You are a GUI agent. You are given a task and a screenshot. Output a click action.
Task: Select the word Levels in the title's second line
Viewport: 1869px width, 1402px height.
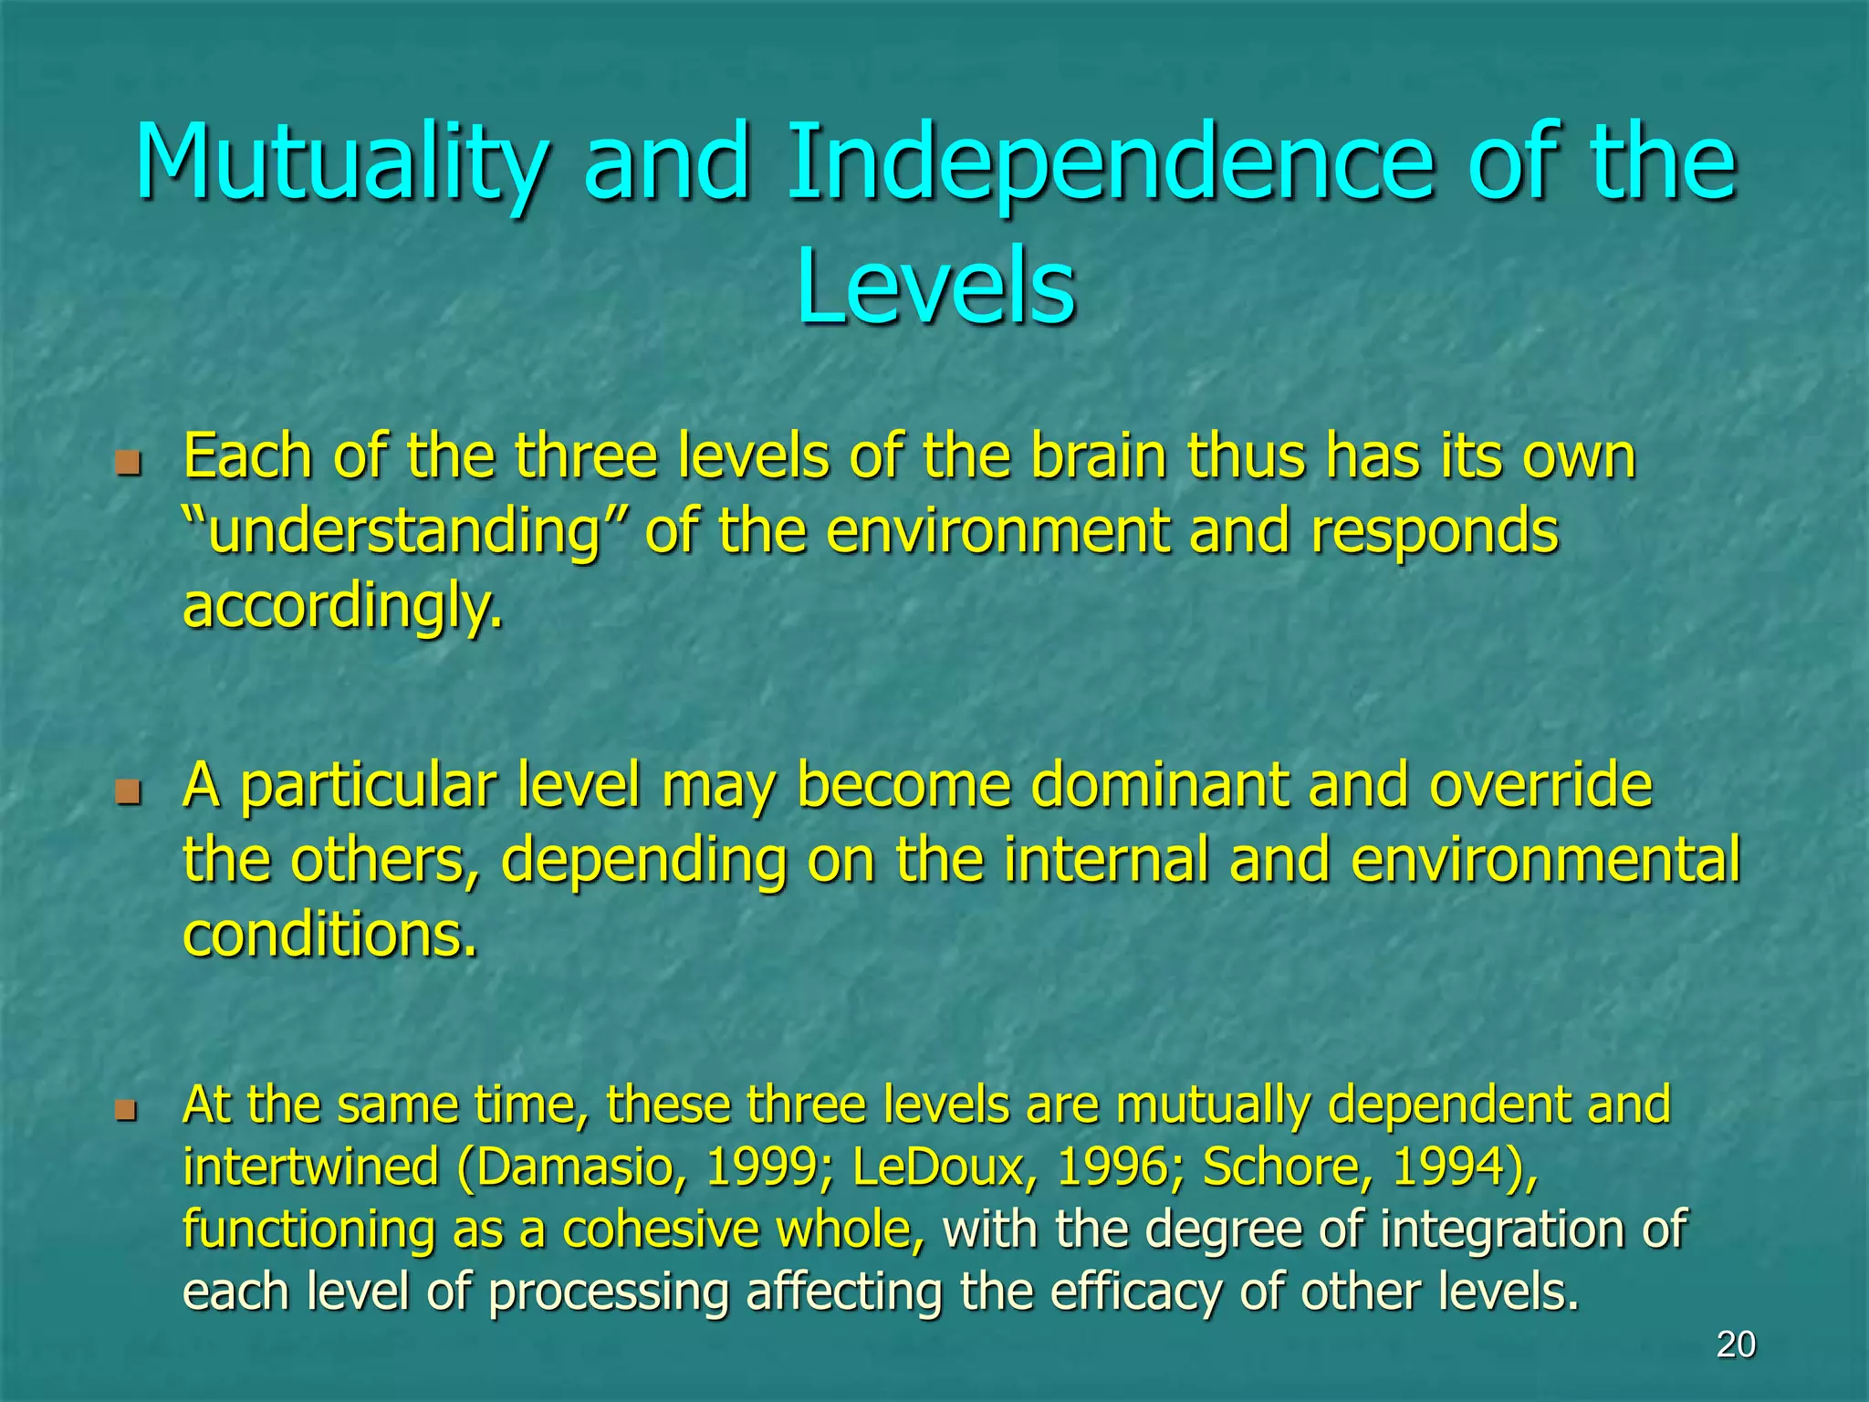935,288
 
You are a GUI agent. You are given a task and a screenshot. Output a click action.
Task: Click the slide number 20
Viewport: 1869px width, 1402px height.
1735,1344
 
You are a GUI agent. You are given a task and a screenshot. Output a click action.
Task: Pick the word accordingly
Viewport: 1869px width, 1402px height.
342,607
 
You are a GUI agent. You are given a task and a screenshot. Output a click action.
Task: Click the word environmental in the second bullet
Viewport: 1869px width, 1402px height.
1545,860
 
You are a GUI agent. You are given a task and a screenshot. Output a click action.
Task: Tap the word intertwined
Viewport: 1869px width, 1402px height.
310,1167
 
